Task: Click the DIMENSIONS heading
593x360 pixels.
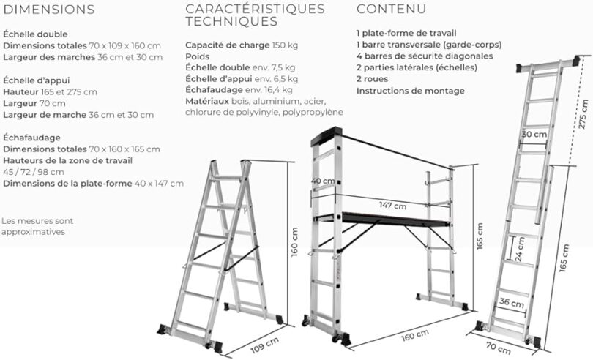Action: click(48, 10)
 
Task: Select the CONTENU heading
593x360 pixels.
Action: click(390, 10)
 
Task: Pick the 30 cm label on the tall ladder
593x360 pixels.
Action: click(534, 135)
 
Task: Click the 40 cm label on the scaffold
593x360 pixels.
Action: click(323, 181)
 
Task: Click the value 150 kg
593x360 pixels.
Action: click(285, 45)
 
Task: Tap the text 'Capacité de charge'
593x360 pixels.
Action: click(227, 45)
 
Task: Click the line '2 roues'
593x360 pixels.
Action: click(372, 79)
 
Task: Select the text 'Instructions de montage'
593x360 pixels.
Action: click(410, 91)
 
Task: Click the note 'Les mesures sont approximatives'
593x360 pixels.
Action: click(37, 226)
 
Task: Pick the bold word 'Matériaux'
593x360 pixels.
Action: click(207, 101)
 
